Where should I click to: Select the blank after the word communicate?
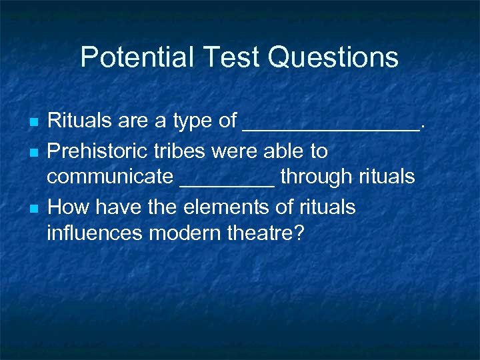coord(227,183)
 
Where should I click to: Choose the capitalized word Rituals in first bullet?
coord(77,121)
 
